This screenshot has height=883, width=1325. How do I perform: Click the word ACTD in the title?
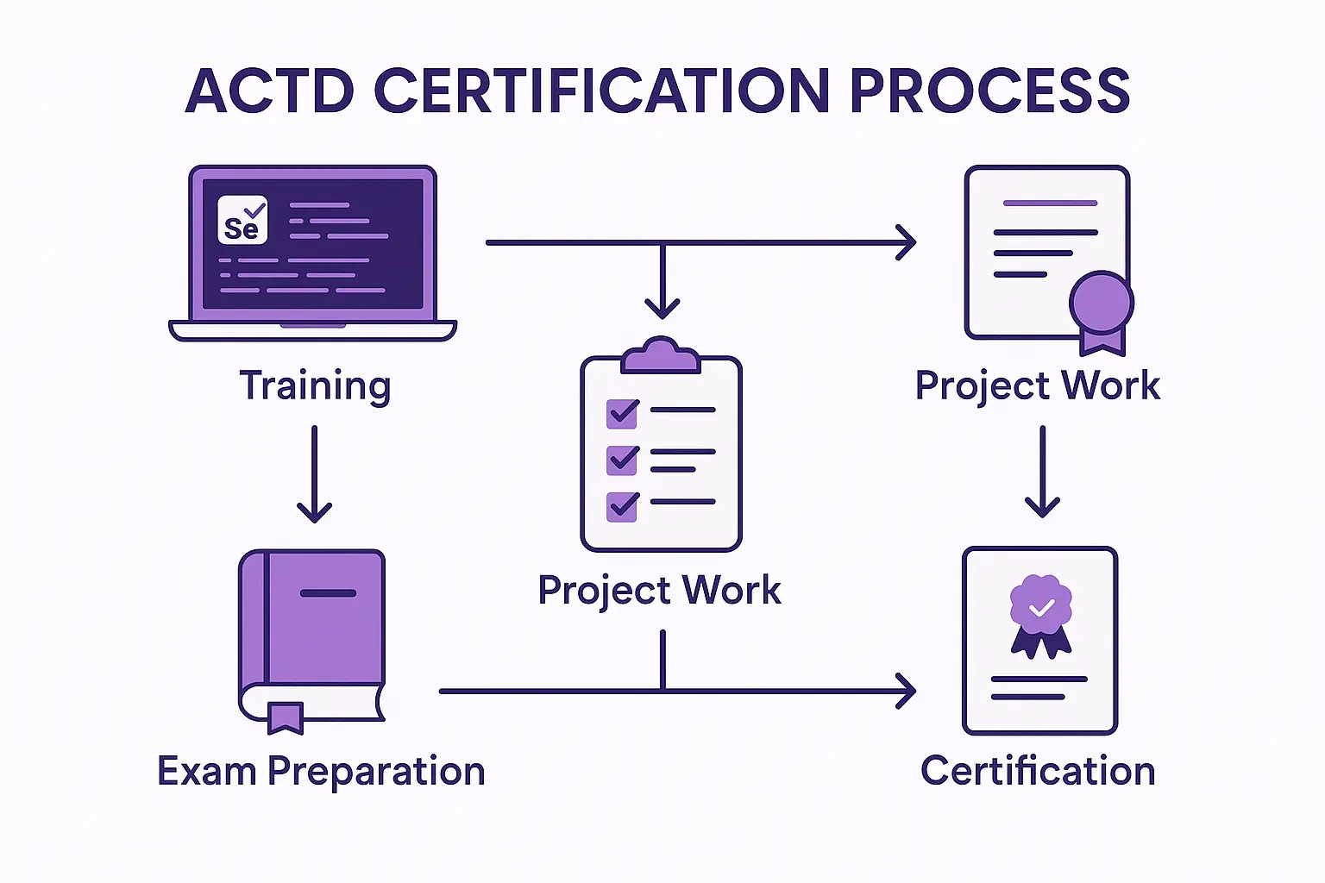(x=269, y=91)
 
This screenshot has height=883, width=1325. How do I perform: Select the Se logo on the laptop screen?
(x=242, y=219)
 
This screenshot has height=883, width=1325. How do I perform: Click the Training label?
(x=315, y=386)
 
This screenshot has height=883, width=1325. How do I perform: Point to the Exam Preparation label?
(x=321, y=772)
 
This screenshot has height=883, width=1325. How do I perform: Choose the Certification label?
(x=1038, y=771)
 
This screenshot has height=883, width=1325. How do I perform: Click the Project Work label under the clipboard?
(x=660, y=590)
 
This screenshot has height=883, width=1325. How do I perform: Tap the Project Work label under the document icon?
(x=1038, y=385)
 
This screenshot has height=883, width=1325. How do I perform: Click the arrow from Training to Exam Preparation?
(x=314, y=474)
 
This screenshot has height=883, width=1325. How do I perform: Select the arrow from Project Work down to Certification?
(x=1042, y=472)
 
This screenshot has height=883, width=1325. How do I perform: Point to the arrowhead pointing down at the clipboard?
(x=662, y=309)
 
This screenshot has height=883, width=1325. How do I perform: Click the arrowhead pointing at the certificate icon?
(x=907, y=690)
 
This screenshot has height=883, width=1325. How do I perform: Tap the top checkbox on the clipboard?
(x=622, y=413)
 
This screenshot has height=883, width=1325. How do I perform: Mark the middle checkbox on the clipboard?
(x=622, y=460)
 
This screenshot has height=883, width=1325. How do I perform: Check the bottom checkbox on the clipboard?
(x=622, y=507)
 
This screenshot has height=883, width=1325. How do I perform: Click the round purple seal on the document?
(x=1102, y=303)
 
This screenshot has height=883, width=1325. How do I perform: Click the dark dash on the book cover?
(x=329, y=593)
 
